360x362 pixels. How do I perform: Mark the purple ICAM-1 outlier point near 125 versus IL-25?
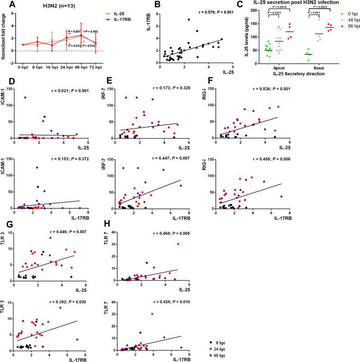26,97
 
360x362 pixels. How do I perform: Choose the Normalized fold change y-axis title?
4,36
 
